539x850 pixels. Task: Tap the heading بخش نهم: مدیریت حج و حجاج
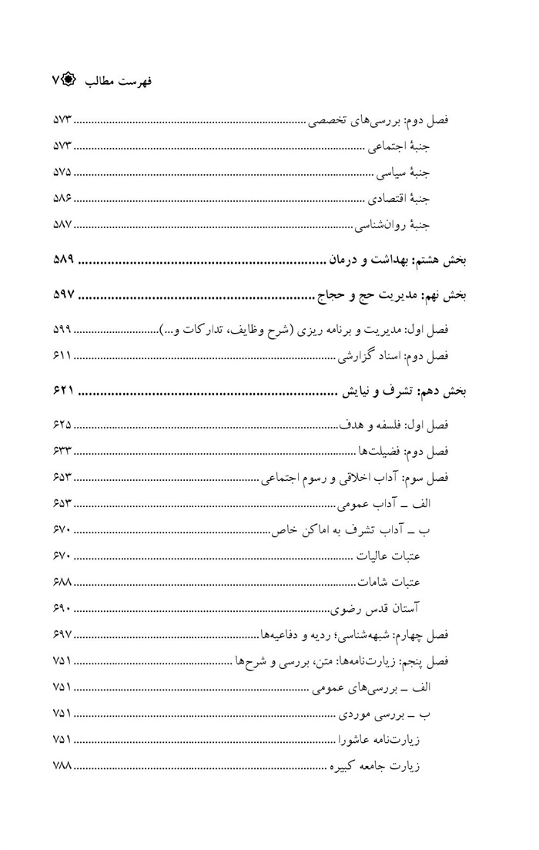pyautogui.click(x=394, y=294)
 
